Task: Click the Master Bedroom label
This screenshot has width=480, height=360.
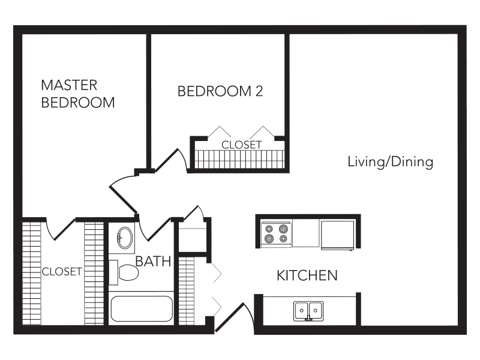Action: [x=78, y=94]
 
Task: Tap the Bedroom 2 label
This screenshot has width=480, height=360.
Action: [x=220, y=91]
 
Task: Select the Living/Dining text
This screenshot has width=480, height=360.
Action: [x=391, y=161]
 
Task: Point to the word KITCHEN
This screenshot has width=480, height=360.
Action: [x=307, y=275]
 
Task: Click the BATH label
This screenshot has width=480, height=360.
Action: [x=153, y=261]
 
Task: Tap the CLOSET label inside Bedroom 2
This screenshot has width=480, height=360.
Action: [x=242, y=145]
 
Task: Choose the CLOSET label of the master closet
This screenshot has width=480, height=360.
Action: [x=62, y=272]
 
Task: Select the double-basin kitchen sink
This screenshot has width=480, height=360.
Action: [x=308, y=311]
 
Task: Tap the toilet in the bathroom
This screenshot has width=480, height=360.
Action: [x=124, y=272]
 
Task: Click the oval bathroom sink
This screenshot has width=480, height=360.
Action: [x=125, y=238]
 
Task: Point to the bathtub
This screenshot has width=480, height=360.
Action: [x=142, y=308]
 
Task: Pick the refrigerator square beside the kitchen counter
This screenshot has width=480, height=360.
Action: [x=337, y=235]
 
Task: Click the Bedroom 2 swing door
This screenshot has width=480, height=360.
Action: [x=172, y=159]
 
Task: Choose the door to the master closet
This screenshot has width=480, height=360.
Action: [x=61, y=229]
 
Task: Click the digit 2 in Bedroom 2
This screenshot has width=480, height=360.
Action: [x=259, y=91]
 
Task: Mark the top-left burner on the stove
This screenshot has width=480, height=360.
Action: [x=269, y=229]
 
